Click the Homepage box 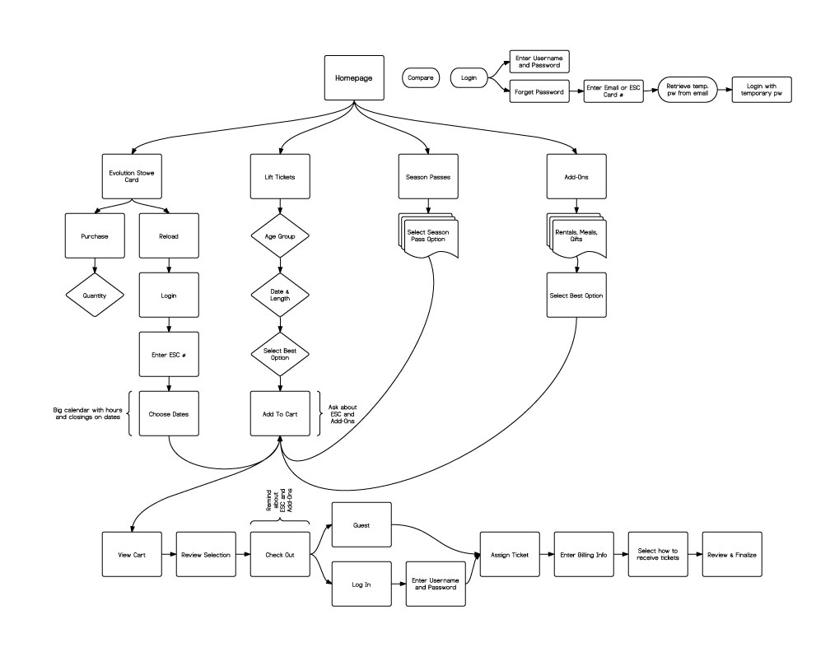pyautogui.click(x=353, y=78)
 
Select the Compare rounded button pyautogui.click(x=421, y=77)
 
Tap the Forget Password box pyautogui.click(x=539, y=92)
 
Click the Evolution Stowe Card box pyautogui.click(x=132, y=175)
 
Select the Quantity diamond pyautogui.click(x=95, y=295)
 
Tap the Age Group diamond pyautogui.click(x=280, y=235)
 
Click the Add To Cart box pyautogui.click(x=280, y=413)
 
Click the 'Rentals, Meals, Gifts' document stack pyautogui.click(x=576, y=236)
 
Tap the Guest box pyautogui.click(x=361, y=524)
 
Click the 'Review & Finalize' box pyautogui.click(x=731, y=555)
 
